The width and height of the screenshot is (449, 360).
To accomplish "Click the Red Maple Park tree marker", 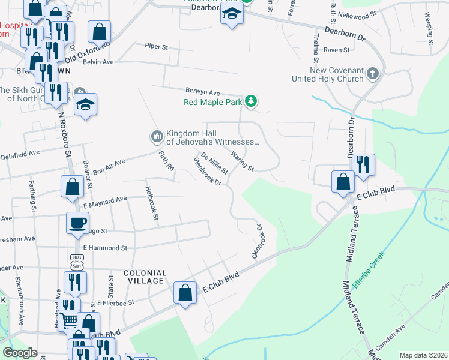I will [x=252, y=101].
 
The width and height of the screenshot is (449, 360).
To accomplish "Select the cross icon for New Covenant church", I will [x=373, y=74].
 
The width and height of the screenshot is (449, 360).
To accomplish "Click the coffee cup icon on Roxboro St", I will [x=76, y=223].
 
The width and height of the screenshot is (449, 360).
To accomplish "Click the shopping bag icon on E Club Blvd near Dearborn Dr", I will [x=343, y=182].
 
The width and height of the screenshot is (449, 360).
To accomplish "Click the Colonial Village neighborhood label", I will [x=143, y=277].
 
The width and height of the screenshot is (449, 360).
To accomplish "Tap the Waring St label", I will [x=243, y=162].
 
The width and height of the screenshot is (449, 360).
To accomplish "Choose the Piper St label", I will [x=157, y=46].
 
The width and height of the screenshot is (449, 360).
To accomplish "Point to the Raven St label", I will [x=336, y=50].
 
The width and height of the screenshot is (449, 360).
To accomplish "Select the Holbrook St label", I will [x=150, y=203].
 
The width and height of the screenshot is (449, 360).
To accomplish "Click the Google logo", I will [x=20, y=353].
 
